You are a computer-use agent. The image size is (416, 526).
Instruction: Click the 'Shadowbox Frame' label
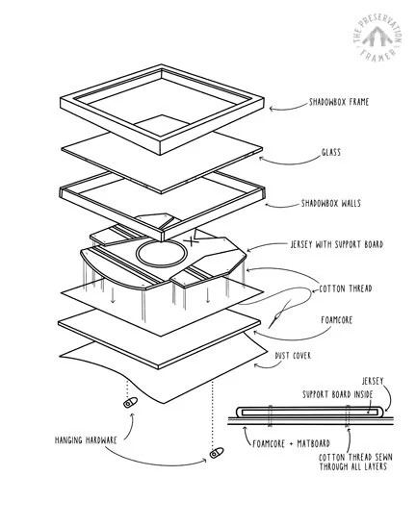[x=339, y=102]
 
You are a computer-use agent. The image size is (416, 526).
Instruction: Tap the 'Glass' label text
[x=331, y=152]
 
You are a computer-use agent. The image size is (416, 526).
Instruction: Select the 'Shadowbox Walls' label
[x=331, y=203]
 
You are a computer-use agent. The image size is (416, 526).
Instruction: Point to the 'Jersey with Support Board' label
[x=337, y=244]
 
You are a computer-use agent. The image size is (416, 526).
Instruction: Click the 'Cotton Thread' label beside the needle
[x=346, y=288]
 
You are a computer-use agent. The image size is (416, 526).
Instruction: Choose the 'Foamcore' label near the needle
[x=337, y=320]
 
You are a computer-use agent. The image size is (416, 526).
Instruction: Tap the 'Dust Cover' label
[x=293, y=356]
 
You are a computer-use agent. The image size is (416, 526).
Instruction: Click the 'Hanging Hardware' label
[x=86, y=440]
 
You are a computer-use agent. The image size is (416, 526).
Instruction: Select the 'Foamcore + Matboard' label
[x=291, y=444]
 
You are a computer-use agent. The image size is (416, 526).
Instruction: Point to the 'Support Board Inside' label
[x=338, y=394]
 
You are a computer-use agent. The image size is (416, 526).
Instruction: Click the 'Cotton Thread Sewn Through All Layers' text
[x=355, y=462]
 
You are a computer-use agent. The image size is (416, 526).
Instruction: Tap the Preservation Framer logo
[x=377, y=38]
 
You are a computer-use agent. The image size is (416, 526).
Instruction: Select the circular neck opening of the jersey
[x=161, y=254]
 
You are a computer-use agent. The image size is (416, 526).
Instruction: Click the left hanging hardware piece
[x=130, y=402]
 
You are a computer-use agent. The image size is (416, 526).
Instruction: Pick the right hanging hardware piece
[x=217, y=453]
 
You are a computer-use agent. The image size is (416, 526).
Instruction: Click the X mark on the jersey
[x=193, y=240]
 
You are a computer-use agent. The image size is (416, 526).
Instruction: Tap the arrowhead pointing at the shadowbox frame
[x=272, y=109]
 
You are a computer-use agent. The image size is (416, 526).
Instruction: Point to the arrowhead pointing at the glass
[x=261, y=159]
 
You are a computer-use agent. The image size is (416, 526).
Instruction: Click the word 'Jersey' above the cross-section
[x=373, y=381]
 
